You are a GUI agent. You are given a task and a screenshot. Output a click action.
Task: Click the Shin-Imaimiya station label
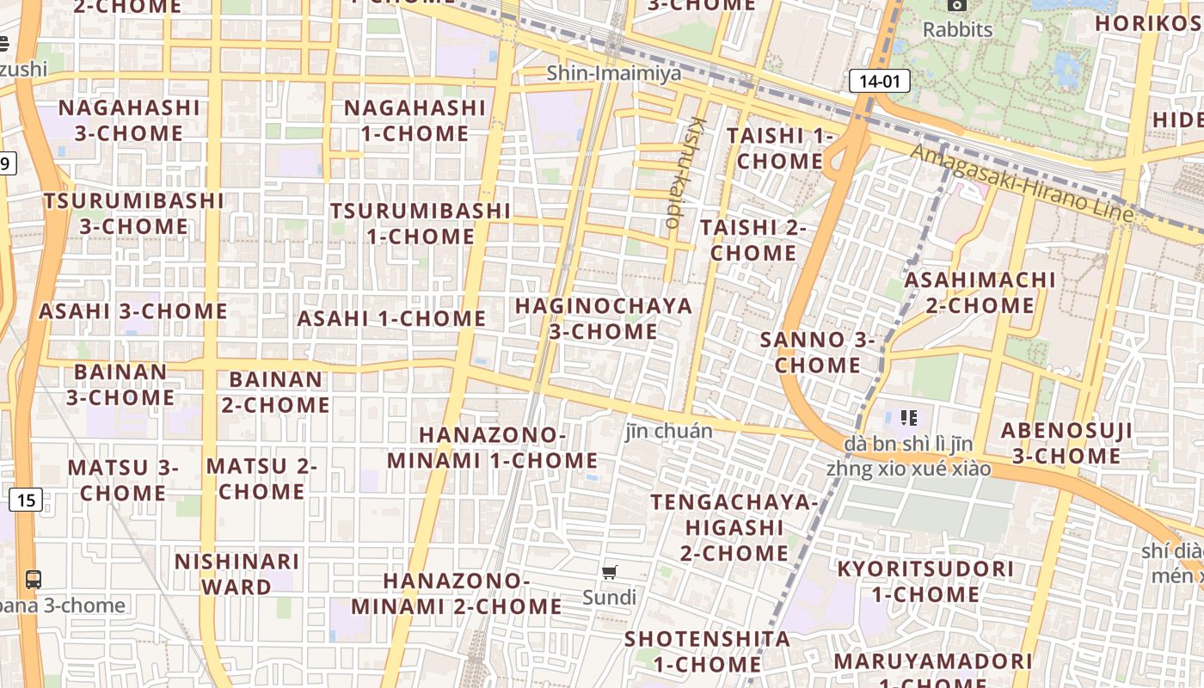(x=614, y=73)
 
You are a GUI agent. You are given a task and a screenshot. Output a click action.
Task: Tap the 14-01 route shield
(x=879, y=82)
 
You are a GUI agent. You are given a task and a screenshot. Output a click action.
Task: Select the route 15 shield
(x=26, y=499)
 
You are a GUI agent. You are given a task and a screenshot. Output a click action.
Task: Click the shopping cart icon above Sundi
(x=610, y=573)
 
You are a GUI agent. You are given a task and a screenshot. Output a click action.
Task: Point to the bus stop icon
(x=33, y=580)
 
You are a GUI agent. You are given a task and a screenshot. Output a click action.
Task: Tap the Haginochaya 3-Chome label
(x=603, y=318)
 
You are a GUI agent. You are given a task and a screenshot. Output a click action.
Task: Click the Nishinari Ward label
(x=236, y=574)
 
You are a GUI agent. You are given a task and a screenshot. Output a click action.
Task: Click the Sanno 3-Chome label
(x=816, y=352)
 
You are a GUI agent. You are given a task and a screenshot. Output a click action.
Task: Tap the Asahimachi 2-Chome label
(x=980, y=292)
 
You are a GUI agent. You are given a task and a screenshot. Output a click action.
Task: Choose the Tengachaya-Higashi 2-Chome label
(x=734, y=526)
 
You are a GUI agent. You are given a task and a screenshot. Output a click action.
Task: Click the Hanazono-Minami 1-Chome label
(x=492, y=447)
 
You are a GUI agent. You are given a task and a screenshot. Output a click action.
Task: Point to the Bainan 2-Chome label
(x=275, y=391)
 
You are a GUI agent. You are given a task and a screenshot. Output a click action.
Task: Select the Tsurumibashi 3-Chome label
(x=133, y=213)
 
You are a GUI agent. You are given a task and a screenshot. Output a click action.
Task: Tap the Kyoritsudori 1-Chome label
(x=925, y=581)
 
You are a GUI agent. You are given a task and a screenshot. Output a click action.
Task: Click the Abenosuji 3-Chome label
(x=1066, y=443)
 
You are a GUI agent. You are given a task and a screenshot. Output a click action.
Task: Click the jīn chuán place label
(x=668, y=431)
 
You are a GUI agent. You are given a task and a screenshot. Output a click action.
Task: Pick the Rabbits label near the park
(x=957, y=29)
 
